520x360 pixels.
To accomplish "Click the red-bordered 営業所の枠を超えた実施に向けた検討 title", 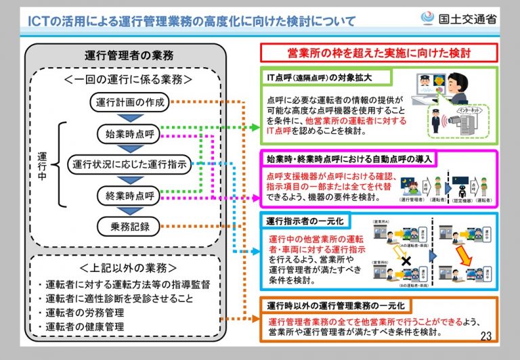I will click(379, 52).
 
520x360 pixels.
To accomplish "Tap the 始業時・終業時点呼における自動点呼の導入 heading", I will click(349, 159).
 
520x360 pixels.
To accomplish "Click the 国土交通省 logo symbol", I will click(427, 18).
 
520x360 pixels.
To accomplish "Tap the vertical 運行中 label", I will click(42, 164).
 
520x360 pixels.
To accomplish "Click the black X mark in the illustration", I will click(406, 261).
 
